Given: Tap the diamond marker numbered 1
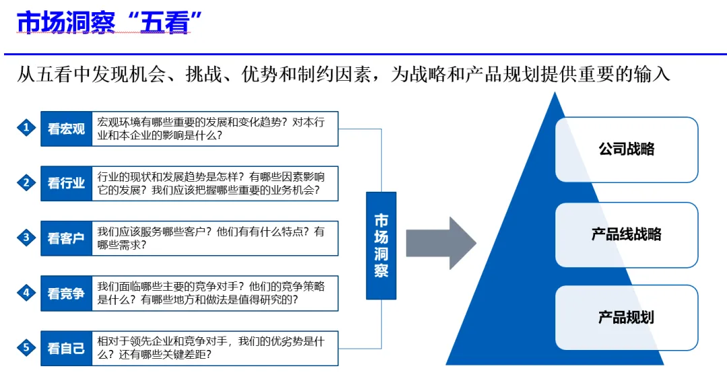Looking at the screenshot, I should pyautogui.click(x=26, y=128).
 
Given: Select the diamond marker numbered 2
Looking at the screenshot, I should pyautogui.click(x=26, y=182).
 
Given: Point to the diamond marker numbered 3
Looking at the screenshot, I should pyautogui.click(x=26, y=237).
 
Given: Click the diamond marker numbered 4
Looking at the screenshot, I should pyautogui.click(x=26, y=293).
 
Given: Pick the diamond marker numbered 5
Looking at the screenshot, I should pyautogui.click(x=26, y=347).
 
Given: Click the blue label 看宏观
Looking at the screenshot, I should pyautogui.click(x=66, y=129).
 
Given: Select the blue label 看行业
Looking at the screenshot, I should pyautogui.click(x=66, y=183).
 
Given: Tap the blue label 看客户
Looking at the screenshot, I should pyautogui.click(x=66, y=238).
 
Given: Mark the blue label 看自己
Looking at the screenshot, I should pyautogui.click(x=66, y=348).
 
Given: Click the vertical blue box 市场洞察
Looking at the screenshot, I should pyautogui.click(x=381, y=246).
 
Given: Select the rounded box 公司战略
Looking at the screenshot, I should pyautogui.click(x=626, y=149).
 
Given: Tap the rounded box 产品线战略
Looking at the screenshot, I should pyautogui.click(x=626, y=234).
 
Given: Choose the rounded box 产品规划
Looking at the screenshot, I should pyautogui.click(x=626, y=317).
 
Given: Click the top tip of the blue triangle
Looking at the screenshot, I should pyautogui.click(x=554, y=94).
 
